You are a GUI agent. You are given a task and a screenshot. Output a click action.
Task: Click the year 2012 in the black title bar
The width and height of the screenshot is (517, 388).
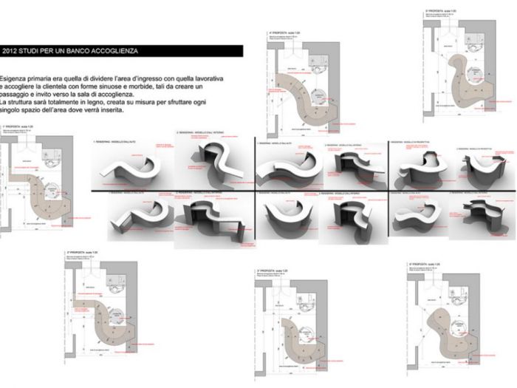tap(11, 51)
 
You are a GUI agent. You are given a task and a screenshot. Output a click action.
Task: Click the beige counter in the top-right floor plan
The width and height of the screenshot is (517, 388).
tap(462, 81)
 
